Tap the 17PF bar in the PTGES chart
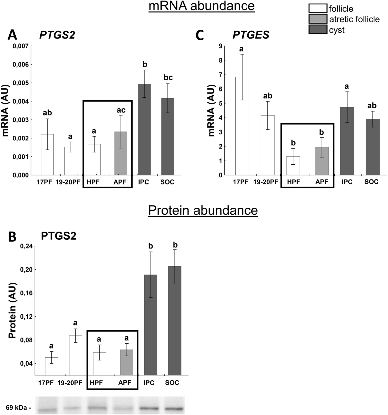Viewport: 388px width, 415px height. [242, 126]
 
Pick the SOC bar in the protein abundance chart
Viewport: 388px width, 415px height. [174, 320]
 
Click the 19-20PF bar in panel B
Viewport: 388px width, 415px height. [75, 355]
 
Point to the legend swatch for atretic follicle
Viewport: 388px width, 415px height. [318, 19]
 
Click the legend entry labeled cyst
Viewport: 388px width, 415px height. [337, 30]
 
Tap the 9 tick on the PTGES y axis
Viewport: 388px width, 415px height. [221, 46]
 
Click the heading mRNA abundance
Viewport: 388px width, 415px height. [201, 6]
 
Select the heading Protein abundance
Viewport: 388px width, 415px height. [203, 210]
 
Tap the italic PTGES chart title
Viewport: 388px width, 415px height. [251, 35]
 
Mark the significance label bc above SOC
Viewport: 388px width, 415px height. [168, 78]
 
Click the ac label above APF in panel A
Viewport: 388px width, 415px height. [121, 110]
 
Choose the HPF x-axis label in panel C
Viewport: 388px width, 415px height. [293, 182]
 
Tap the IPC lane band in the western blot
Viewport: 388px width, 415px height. [148, 408]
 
